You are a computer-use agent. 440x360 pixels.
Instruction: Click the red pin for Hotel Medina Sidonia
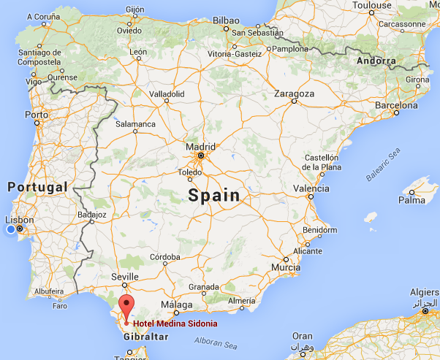(126, 306)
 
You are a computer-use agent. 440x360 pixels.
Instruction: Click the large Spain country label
(213, 195)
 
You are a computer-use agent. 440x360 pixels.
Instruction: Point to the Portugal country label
(38, 187)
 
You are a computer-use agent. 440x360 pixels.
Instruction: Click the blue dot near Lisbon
(10, 230)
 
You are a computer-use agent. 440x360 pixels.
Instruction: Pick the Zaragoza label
(294, 93)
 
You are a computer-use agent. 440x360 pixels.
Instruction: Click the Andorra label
(376, 61)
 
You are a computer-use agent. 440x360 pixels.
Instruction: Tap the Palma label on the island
(411, 199)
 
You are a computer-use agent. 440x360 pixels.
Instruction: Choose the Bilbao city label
(226, 21)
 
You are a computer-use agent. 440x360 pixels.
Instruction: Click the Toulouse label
(371, 4)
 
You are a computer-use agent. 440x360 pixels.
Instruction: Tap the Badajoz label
(92, 214)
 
